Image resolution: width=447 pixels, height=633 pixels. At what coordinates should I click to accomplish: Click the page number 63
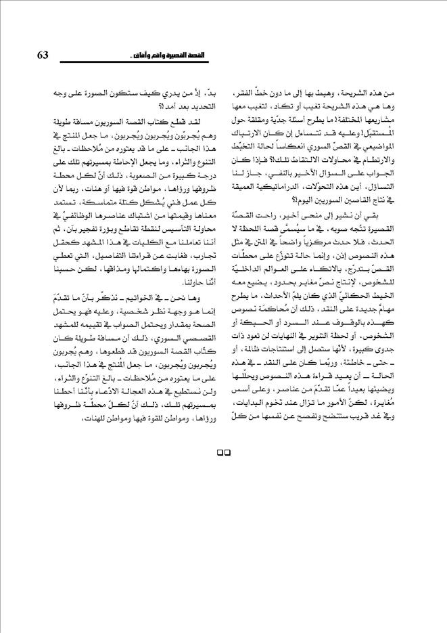[39, 55]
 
